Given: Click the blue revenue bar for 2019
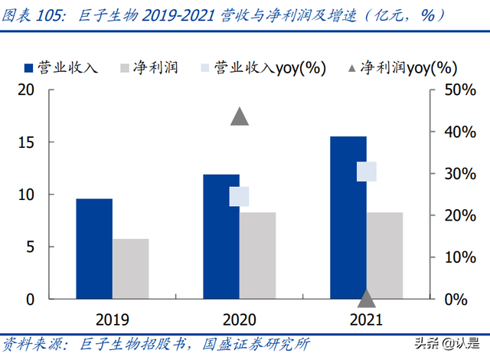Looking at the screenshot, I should (x=94, y=248).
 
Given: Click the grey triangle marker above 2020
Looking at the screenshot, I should (x=240, y=116).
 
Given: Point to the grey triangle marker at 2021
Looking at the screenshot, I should (x=367, y=298).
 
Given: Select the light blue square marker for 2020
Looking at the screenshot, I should (x=240, y=197).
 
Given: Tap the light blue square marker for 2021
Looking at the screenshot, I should (x=367, y=172).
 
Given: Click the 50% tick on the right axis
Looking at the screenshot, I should (x=450, y=90).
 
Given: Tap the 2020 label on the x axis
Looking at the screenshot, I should (x=240, y=319).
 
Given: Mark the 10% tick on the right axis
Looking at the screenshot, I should (x=450, y=257).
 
